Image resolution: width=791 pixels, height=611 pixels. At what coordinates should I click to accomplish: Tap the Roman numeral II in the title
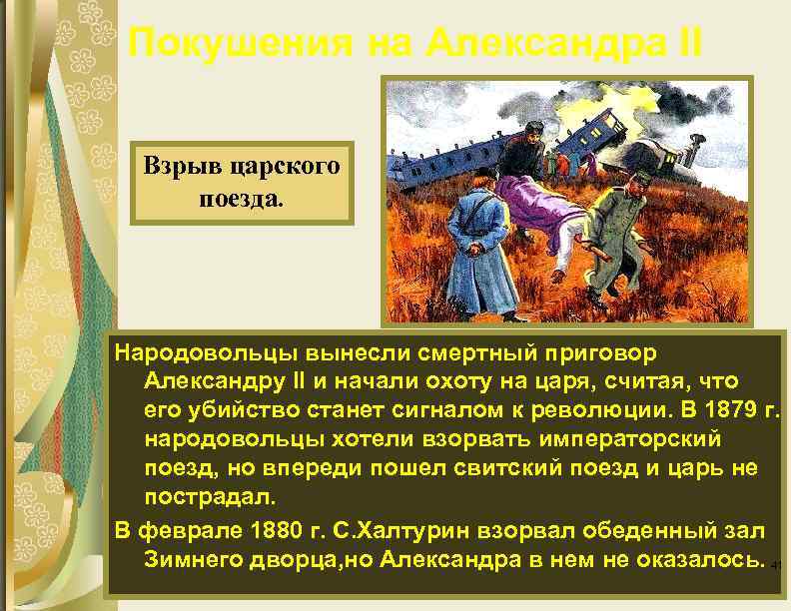coord(687,43)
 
